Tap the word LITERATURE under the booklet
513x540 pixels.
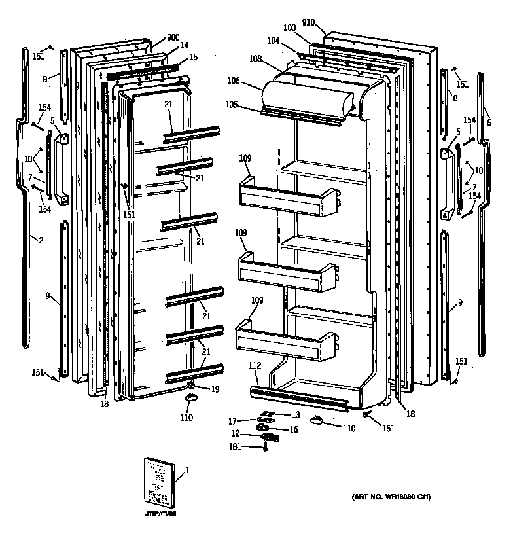pyautogui.click(x=160, y=514)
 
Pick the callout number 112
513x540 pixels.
pyautogui.click(x=255, y=366)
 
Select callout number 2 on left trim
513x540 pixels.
pyautogui.click(x=41, y=240)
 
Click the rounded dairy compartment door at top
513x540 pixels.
pyautogui.click(x=308, y=95)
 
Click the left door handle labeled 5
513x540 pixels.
pyautogui.click(x=60, y=168)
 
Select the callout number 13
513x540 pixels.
pyautogui.click(x=295, y=414)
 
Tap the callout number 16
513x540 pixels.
pyautogui.click(x=294, y=429)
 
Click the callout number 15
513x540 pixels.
pyautogui.click(x=192, y=57)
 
